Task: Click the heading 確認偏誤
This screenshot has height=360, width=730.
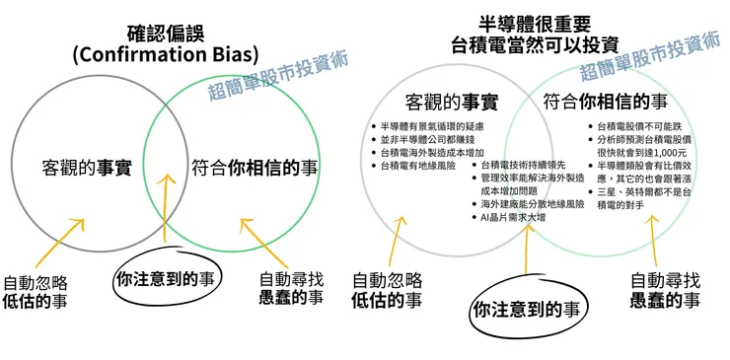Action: pos(165,31)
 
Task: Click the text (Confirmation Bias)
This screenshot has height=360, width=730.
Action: pos(165,53)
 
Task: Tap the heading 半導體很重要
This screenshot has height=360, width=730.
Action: pos(533,22)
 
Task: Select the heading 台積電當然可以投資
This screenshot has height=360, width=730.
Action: pos(533,44)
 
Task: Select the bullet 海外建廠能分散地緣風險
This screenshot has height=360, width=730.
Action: pos(533,203)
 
